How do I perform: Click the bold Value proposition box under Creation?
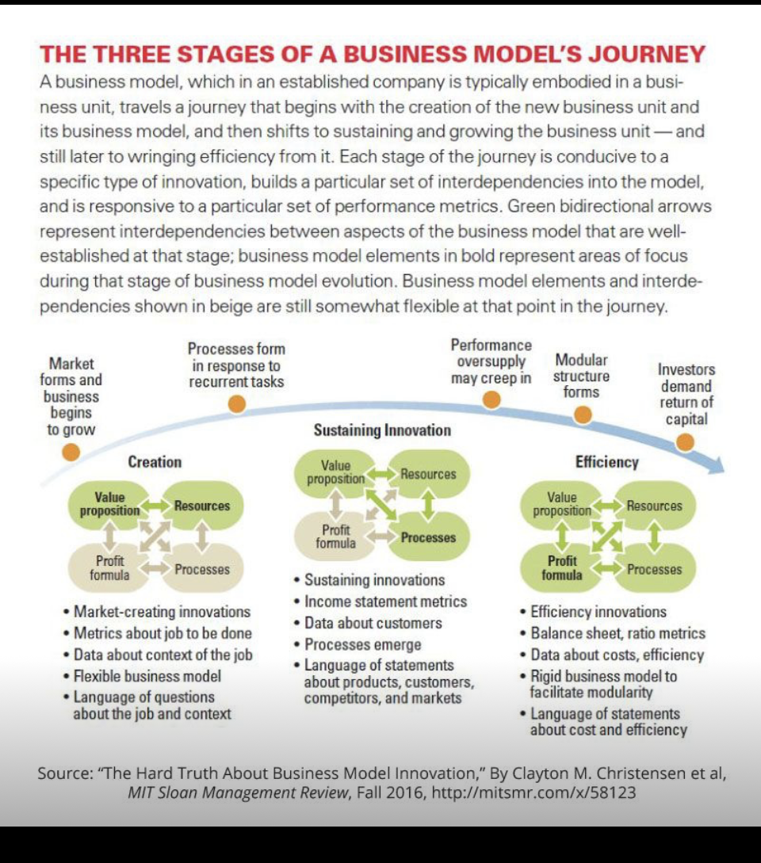(x=109, y=504)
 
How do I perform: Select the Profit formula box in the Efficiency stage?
(x=562, y=568)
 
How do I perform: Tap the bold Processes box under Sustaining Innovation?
(x=428, y=537)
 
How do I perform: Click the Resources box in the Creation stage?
(x=202, y=506)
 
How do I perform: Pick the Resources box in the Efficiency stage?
(x=654, y=506)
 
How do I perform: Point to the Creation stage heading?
(x=155, y=462)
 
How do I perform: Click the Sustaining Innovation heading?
(x=382, y=430)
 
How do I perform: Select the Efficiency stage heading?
(x=607, y=462)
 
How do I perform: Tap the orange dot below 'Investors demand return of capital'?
(x=685, y=442)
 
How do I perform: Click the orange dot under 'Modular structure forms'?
(x=583, y=414)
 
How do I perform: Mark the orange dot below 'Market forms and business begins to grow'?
(x=71, y=452)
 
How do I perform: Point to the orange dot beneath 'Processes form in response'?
(x=236, y=404)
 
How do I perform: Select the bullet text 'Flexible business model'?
(x=147, y=676)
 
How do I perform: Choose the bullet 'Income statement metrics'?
(x=386, y=601)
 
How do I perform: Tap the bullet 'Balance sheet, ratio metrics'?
(x=618, y=633)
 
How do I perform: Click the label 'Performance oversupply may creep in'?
(x=491, y=361)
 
